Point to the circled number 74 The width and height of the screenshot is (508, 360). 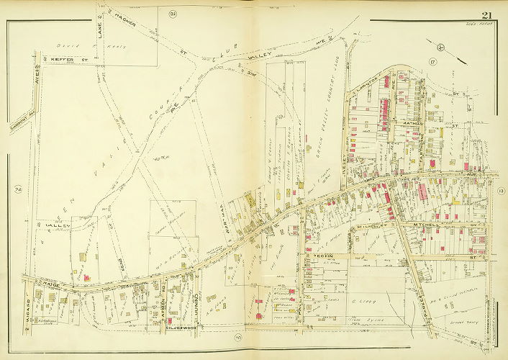pyautogui.click(x=17, y=190)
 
